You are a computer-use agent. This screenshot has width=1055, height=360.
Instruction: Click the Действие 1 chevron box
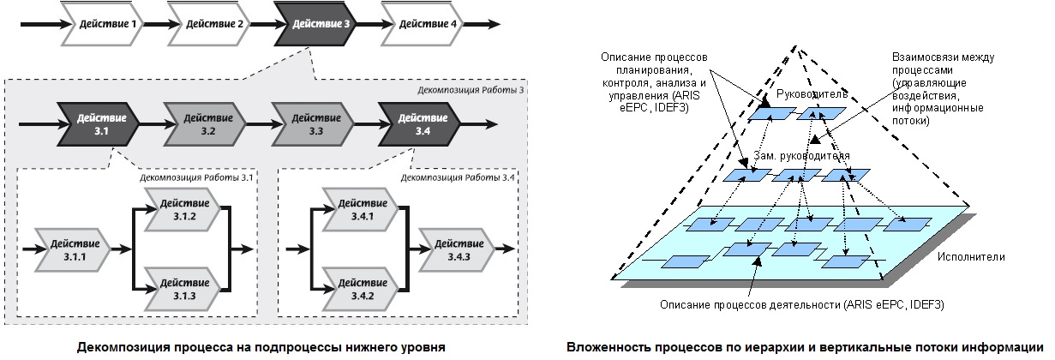point(107,24)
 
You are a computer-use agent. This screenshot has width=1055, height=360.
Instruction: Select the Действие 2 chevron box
point(214,24)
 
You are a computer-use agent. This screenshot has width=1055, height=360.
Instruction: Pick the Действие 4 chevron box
point(428,24)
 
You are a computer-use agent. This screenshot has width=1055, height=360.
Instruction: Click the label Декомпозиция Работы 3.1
point(197,178)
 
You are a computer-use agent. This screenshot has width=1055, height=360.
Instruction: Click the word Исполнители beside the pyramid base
point(970,256)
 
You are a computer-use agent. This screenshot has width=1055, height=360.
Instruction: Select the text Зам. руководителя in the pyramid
point(800,157)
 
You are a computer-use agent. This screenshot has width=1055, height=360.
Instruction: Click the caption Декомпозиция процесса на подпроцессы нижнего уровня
point(261,347)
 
